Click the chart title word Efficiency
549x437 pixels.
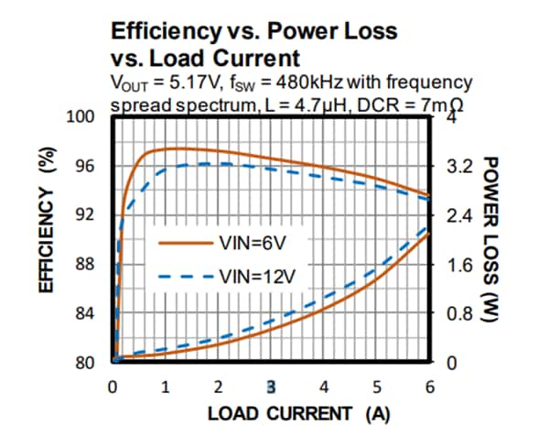click(161, 31)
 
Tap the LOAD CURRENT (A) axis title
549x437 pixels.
click(298, 413)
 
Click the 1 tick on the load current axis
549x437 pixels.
click(165, 386)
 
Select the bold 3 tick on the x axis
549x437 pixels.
click(271, 386)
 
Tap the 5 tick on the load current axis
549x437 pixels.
click(377, 386)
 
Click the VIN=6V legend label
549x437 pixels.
click(253, 243)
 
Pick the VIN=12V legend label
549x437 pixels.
click(256, 276)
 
